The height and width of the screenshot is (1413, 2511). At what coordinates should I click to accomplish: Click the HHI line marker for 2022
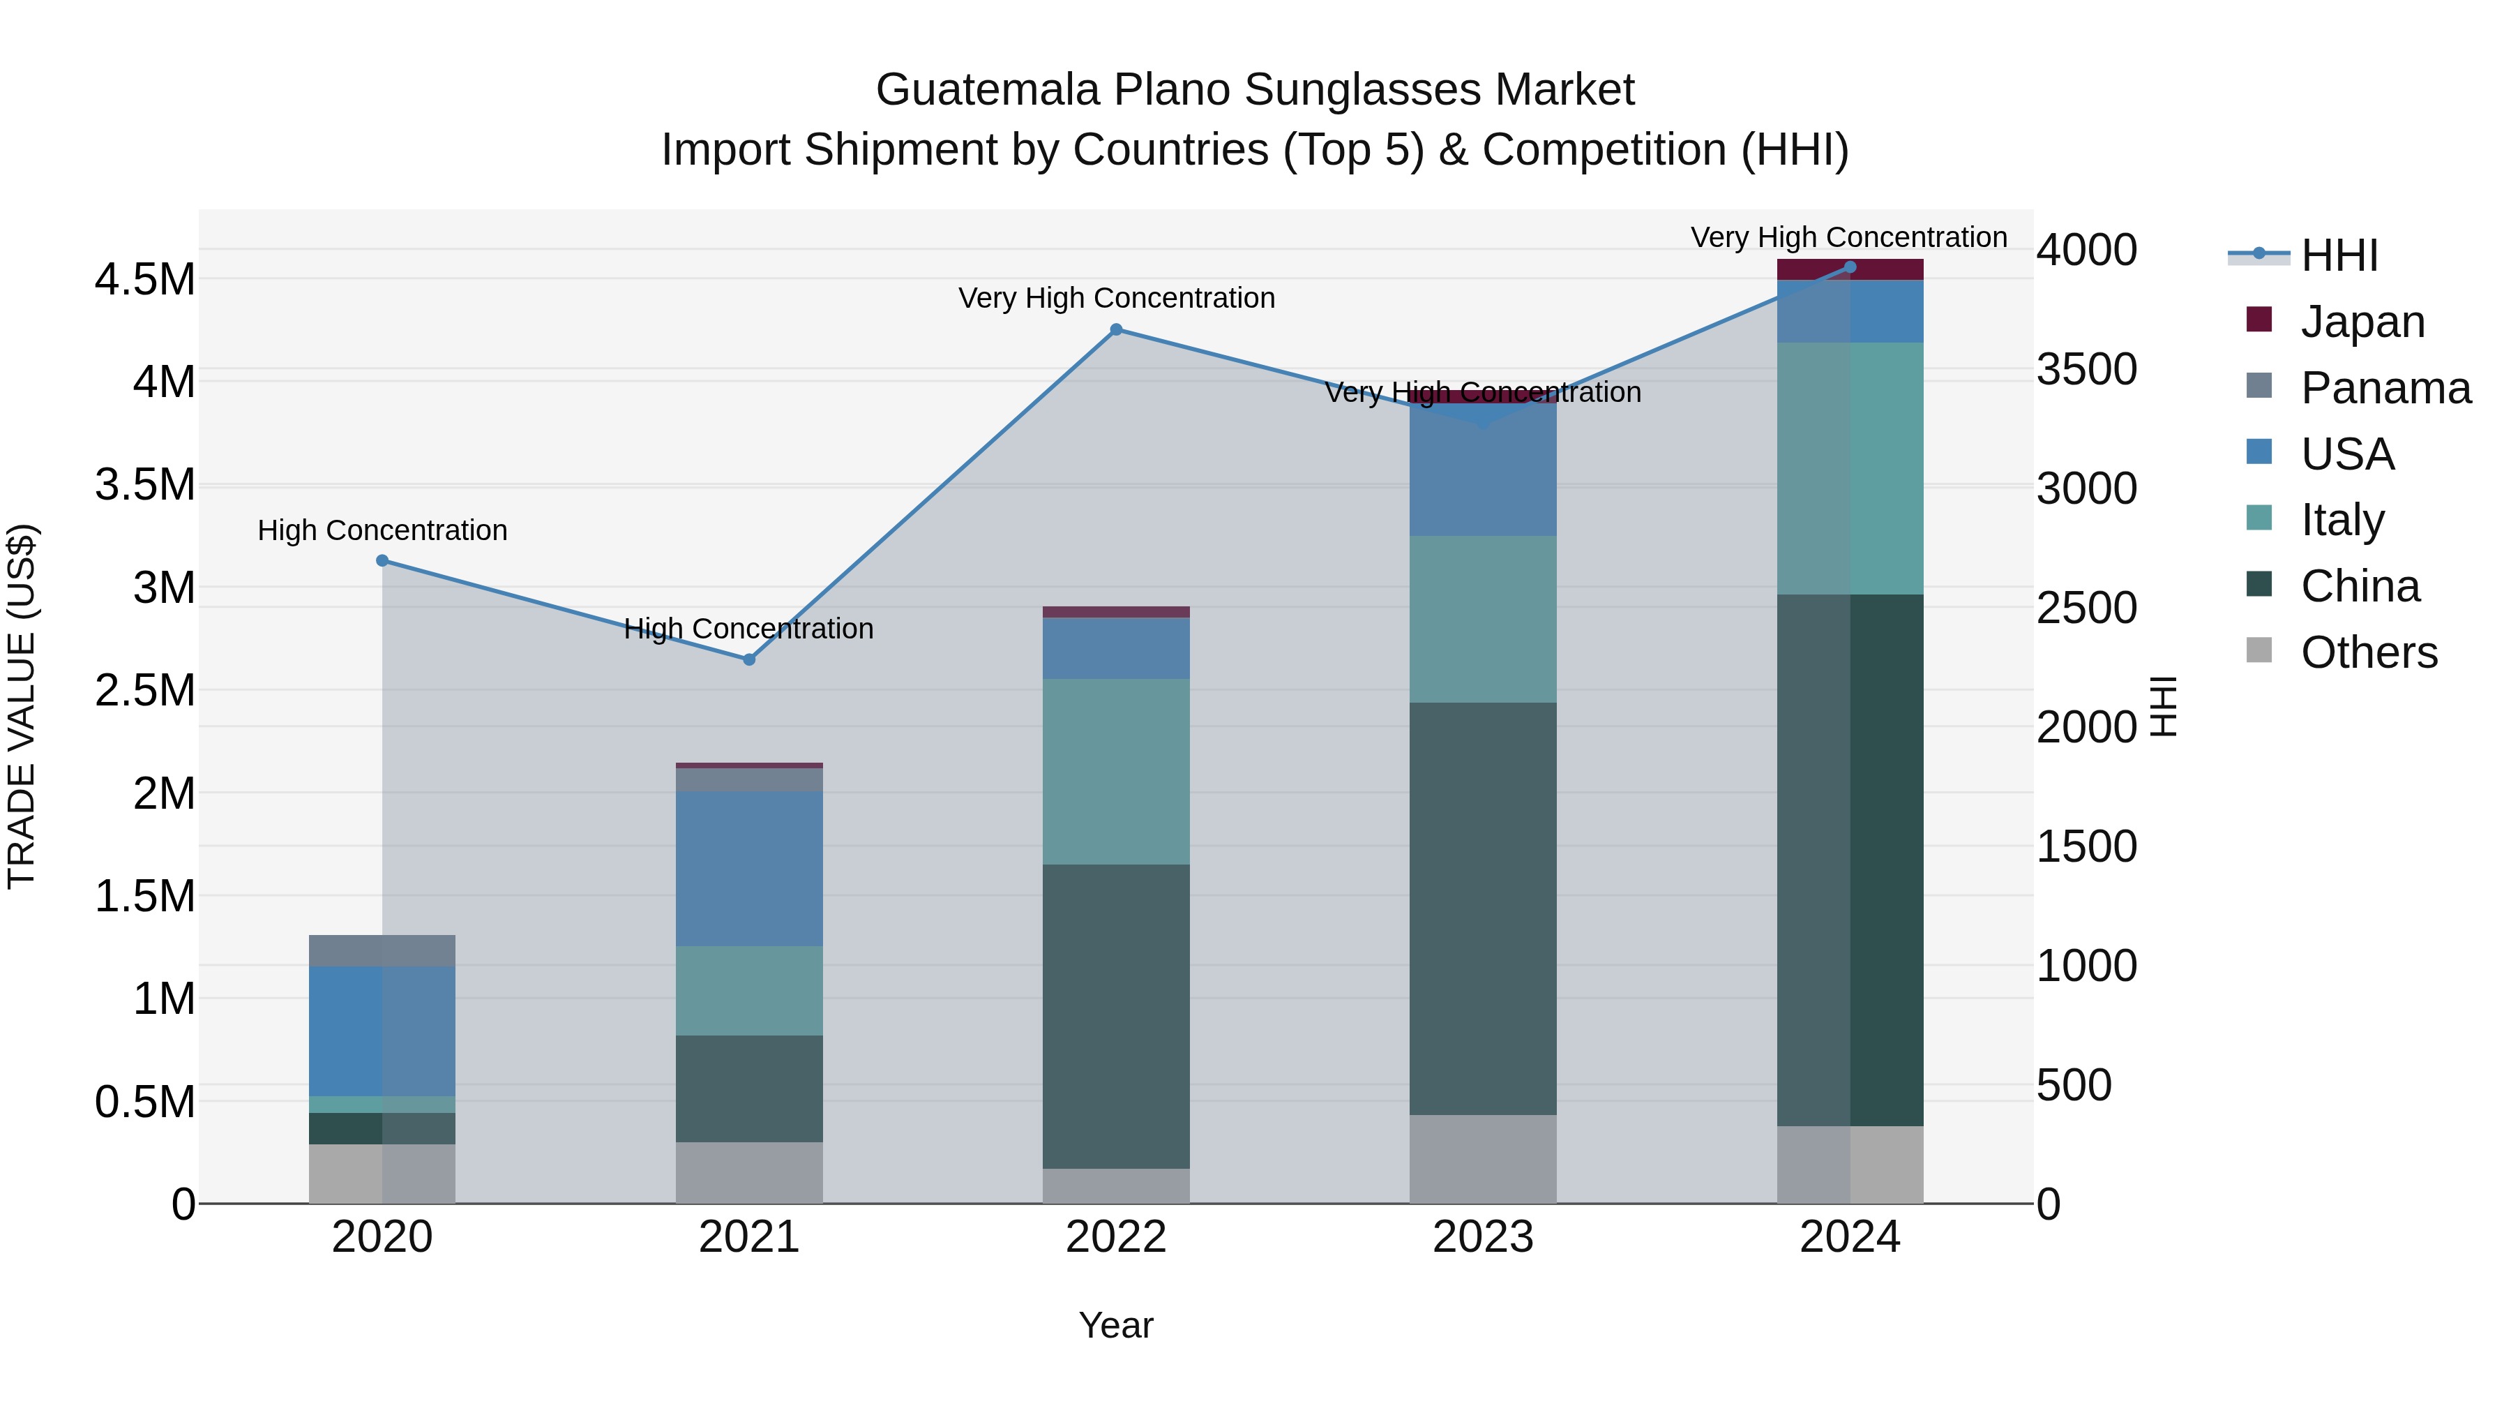pyautogui.click(x=1116, y=329)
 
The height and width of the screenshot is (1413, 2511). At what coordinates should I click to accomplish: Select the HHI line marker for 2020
pyautogui.click(x=382, y=561)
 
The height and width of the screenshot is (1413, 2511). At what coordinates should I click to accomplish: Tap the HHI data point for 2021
pyautogui.click(x=748, y=660)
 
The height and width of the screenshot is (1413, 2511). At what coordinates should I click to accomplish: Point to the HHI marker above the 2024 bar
pyautogui.click(x=1850, y=267)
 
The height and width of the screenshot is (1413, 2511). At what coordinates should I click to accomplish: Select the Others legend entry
pyautogui.click(x=2368, y=652)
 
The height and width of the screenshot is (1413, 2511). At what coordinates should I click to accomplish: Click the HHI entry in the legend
pyautogui.click(x=2339, y=255)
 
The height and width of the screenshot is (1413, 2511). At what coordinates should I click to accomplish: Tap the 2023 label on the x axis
pyautogui.click(x=1483, y=1237)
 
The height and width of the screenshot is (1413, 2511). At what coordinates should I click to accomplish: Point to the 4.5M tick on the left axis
pyautogui.click(x=145, y=280)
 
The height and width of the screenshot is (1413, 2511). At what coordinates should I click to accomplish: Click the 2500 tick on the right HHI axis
pyautogui.click(x=2086, y=608)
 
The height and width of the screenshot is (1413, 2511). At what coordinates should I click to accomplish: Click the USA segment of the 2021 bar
pyautogui.click(x=748, y=868)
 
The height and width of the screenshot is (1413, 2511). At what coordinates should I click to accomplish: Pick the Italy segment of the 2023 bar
pyautogui.click(x=1483, y=619)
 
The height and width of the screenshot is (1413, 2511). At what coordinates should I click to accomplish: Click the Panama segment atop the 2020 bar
pyautogui.click(x=382, y=951)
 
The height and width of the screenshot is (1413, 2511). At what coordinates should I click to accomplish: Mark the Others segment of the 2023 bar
pyautogui.click(x=1483, y=1158)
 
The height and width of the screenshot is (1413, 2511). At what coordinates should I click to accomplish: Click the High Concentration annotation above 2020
pyautogui.click(x=382, y=530)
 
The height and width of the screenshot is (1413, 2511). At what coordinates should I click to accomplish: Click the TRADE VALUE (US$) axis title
pyautogui.click(x=22, y=707)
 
